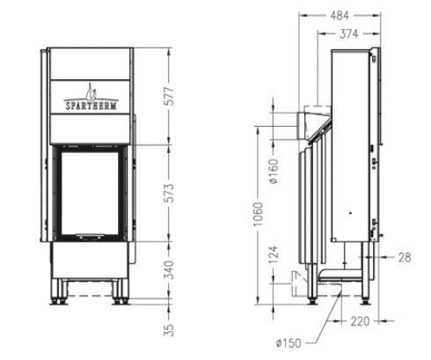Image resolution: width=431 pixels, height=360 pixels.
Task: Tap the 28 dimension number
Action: pyautogui.click(x=404, y=257)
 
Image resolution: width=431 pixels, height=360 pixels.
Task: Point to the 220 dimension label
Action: pyautogui.click(x=359, y=322)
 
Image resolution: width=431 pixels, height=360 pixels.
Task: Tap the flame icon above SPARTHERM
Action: pyautogui.click(x=90, y=88)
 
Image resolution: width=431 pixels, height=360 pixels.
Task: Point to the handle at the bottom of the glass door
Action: pyautogui.click(x=90, y=236)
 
